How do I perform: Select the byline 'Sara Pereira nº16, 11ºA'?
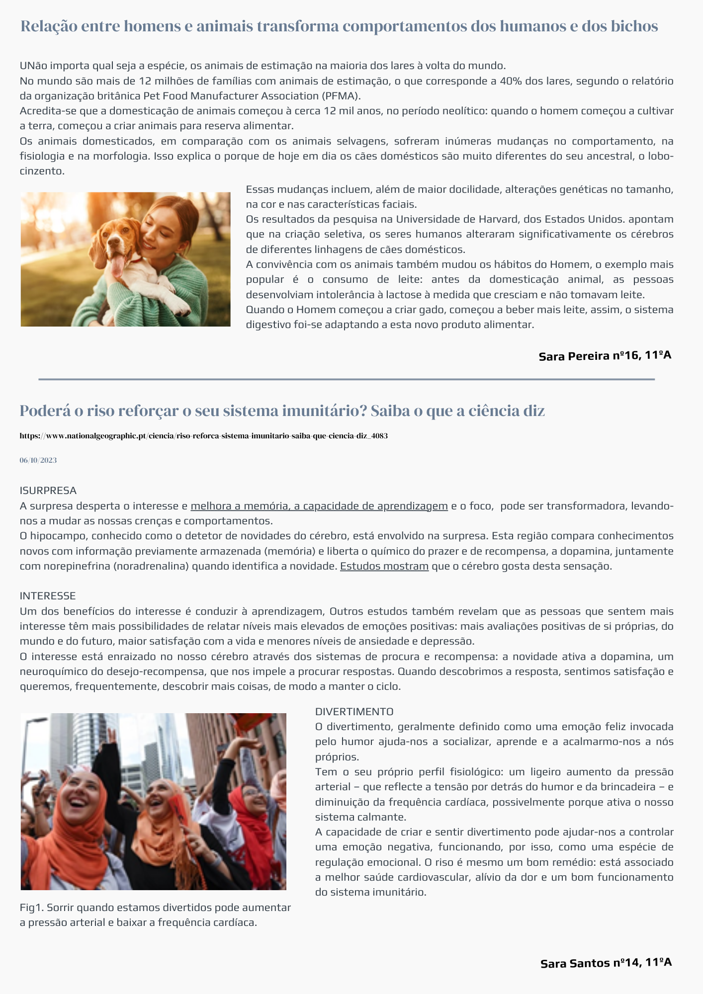[605, 356]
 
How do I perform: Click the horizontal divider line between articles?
[347, 379]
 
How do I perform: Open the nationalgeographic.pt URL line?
[203, 436]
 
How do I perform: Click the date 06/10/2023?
[38, 460]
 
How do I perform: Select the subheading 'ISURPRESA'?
[48, 491]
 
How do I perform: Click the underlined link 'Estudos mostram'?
[384, 566]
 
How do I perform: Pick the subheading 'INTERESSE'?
[48, 596]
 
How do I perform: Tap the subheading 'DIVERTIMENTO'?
[354, 712]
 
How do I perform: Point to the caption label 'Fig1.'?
[31, 908]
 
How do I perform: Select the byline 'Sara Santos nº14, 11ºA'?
[606, 963]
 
